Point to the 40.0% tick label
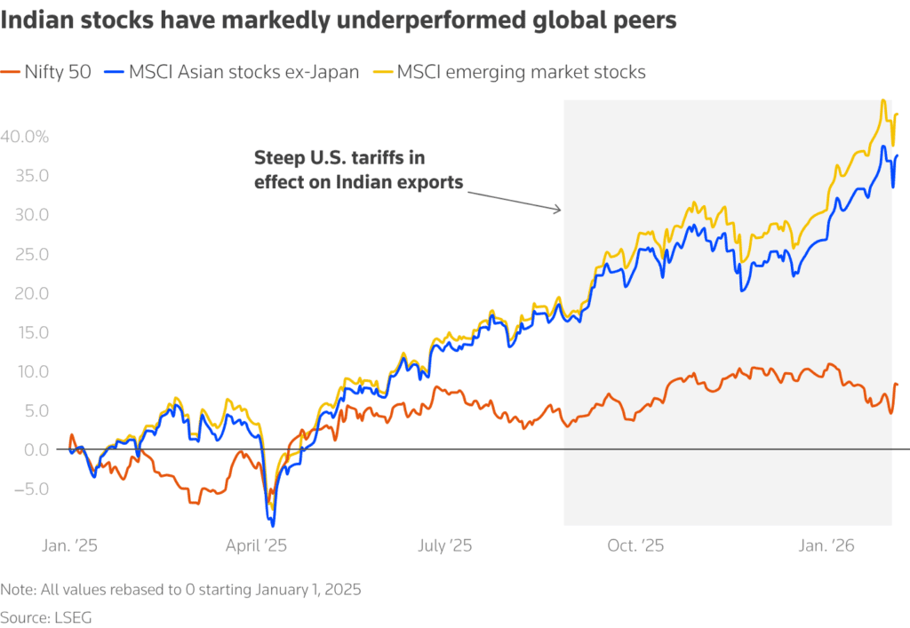pyautogui.click(x=24, y=137)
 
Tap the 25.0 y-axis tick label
pyautogui.click(x=30, y=254)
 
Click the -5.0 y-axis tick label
pyautogui.click(x=29, y=489)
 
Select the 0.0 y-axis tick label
pyautogui.click(x=35, y=449)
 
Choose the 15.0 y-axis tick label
pyautogui.click(x=30, y=332)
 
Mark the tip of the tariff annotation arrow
pyautogui.click(x=562, y=211)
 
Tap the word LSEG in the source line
pyautogui.click(x=74, y=616)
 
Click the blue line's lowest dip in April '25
pyautogui.click(x=273, y=526)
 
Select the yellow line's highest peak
pyautogui.click(x=882, y=100)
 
